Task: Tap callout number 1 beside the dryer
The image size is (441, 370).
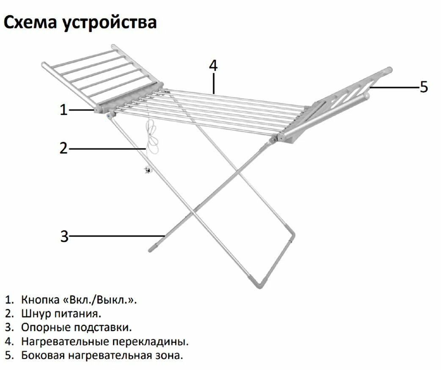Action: point(63,110)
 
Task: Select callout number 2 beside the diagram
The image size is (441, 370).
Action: point(63,148)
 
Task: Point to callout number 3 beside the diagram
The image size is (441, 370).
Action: point(64,236)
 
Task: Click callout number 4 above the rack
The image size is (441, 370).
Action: point(213,66)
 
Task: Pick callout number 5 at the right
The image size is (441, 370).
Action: point(424,87)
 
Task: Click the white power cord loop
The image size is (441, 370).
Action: point(152,135)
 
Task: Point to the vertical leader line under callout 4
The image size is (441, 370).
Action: point(214,82)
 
